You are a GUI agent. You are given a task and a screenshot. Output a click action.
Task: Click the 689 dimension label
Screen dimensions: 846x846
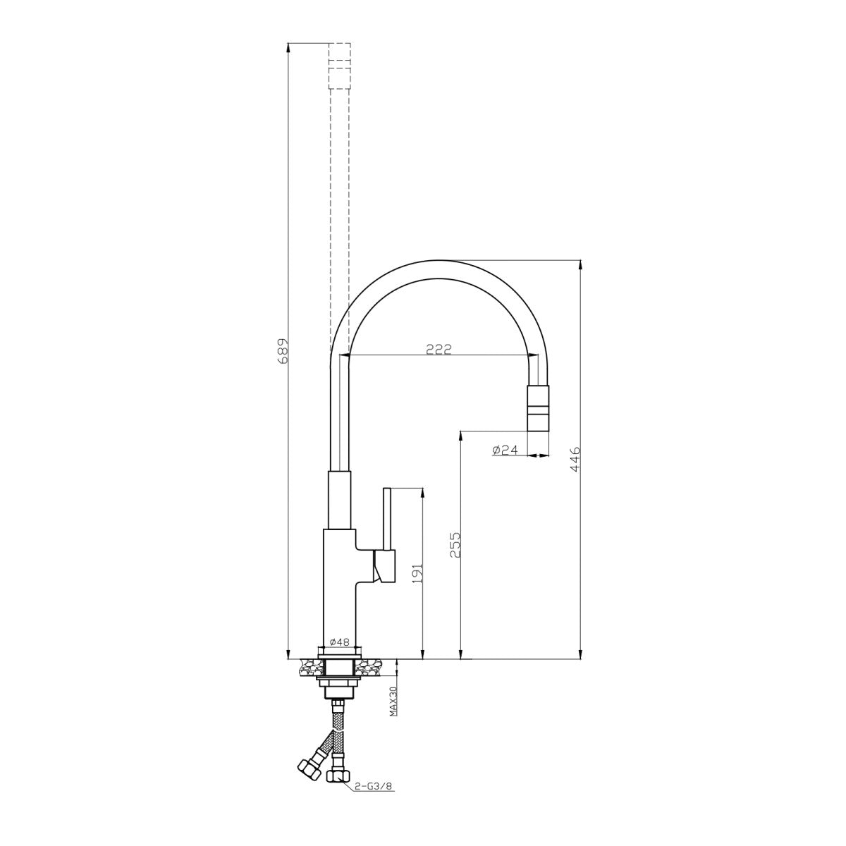[x=283, y=350]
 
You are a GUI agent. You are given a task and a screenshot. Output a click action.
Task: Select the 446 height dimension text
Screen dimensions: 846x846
[x=575, y=459]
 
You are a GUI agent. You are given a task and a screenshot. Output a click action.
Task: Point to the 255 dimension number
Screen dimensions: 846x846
[x=455, y=544]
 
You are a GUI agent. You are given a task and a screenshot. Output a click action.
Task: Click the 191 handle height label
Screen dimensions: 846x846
[x=417, y=573]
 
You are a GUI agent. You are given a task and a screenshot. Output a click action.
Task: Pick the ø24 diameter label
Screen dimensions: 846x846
[x=505, y=450]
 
